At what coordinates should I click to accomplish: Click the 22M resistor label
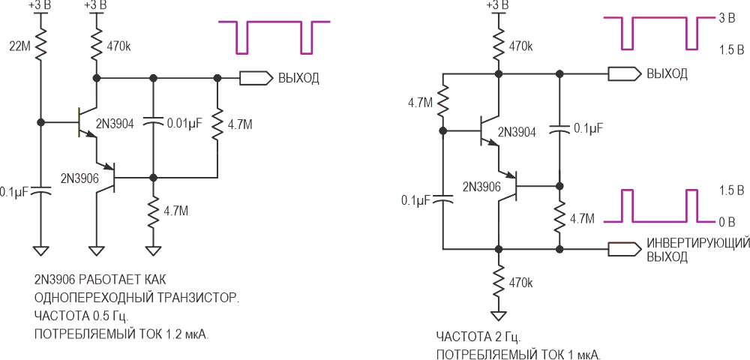click(19, 46)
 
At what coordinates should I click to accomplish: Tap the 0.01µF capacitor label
click(183, 124)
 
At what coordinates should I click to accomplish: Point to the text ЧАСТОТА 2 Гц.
click(478, 337)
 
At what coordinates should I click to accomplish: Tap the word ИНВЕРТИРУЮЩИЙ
click(697, 243)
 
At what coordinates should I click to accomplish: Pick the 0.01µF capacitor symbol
click(153, 123)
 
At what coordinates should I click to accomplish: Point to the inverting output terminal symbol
click(624, 249)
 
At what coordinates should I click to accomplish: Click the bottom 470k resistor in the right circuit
click(499, 283)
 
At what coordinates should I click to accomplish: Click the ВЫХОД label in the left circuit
click(299, 78)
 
